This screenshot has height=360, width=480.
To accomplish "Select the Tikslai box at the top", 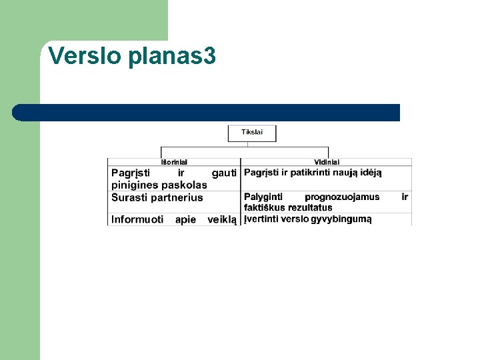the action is coord(252,132).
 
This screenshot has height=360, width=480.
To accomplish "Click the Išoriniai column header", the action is coord(175,161).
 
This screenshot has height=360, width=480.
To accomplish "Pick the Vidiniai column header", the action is coord(327,161).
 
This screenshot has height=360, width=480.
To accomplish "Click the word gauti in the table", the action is coord(224,173).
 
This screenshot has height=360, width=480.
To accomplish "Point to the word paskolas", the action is coord(185,185).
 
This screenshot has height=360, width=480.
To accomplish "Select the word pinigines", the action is coord(135,185).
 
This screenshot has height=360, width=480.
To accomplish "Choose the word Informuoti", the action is coord(137,219).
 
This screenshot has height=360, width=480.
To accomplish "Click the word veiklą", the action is coord(222,219).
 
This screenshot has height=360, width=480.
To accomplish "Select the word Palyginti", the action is coord(263,197).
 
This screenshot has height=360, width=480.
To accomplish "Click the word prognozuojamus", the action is coord(342,197).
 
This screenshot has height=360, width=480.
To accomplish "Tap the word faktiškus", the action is coord(265,207).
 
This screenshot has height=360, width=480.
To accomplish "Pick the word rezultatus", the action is coord(310,207).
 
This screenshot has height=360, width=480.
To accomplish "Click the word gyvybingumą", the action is coord(341,219).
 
